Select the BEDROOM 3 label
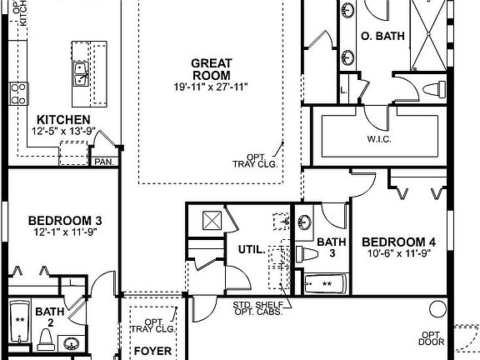64,220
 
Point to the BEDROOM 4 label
399,242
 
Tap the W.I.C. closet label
379,138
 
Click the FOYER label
152,352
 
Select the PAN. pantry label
103,162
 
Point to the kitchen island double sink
82,75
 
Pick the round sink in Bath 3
305,223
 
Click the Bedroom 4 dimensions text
399,254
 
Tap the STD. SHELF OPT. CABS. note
257,307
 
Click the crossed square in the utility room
212,221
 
